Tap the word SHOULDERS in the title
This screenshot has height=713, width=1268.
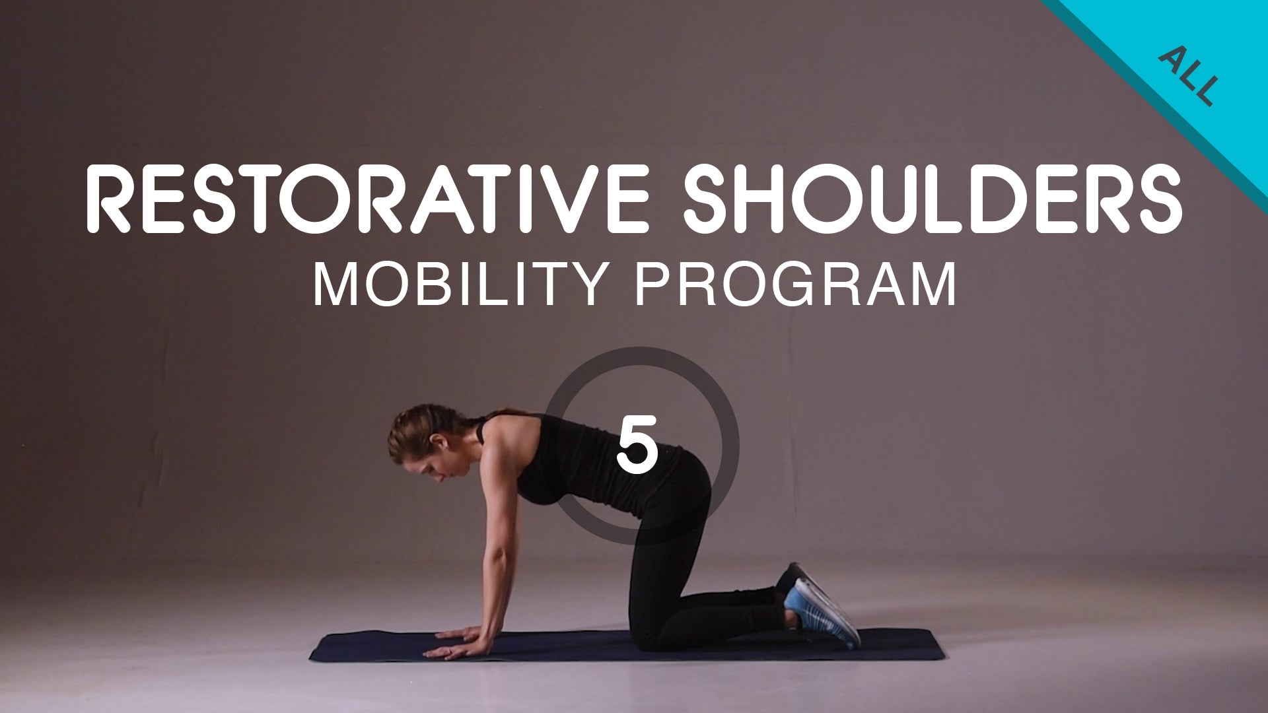click(931, 199)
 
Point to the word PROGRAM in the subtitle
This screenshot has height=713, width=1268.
click(795, 285)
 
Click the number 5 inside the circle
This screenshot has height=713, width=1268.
click(637, 445)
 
